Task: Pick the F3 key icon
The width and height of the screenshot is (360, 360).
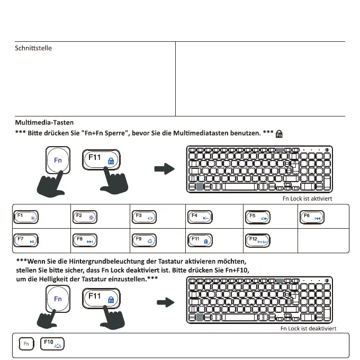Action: [x=144, y=217]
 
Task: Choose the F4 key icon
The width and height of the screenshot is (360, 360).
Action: [x=202, y=217]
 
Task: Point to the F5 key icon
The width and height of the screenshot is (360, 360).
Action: [x=259, y=217]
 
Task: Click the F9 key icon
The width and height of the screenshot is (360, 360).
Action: [x=144, y=240]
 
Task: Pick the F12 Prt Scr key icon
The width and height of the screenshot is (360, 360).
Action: [x=259, y=240]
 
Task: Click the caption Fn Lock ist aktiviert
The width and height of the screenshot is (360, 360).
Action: [x=308, y=199]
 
